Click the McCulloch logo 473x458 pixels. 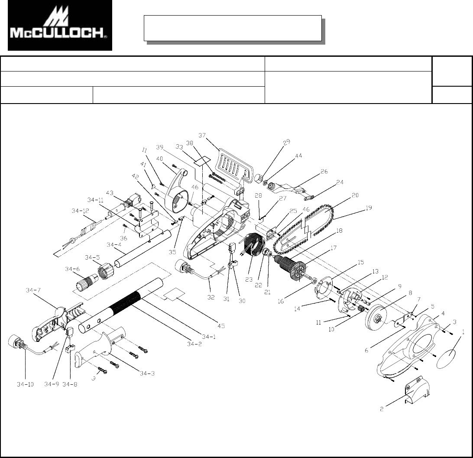tap(60, 25)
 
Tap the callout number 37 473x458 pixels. tap(202, 136)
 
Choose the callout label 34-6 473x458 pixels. tap(72, 270)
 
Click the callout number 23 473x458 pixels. tap(248, 279)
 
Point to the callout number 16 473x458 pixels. tap(281, 301)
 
